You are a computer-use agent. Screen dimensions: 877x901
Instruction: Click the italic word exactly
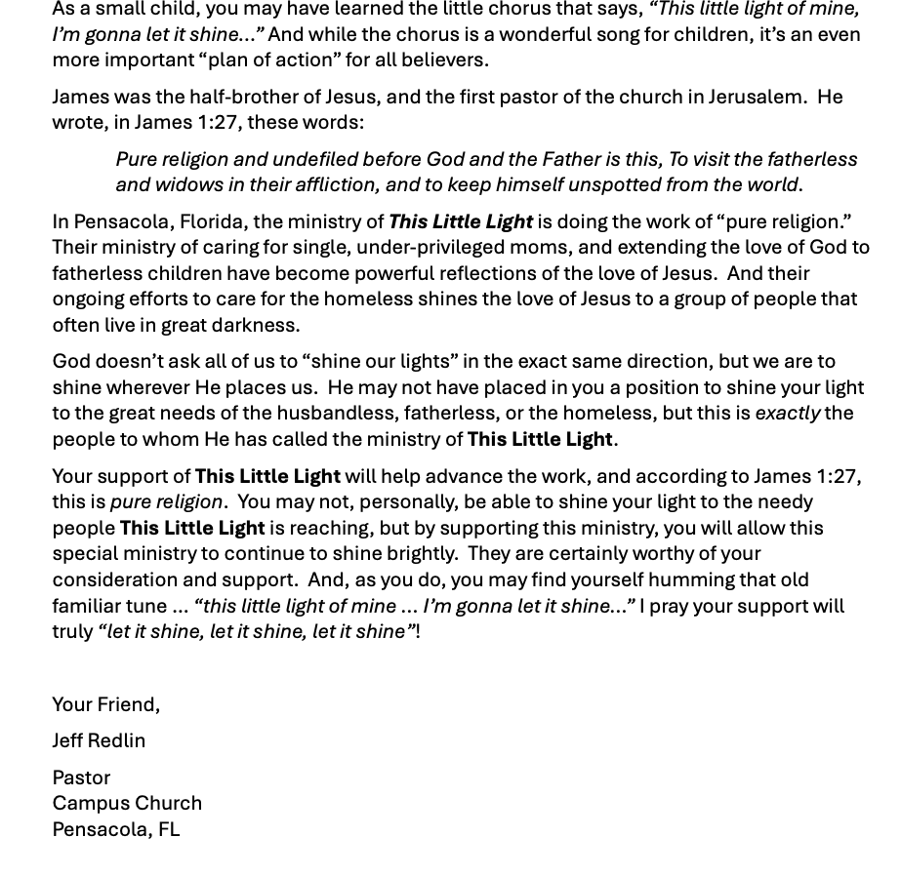(787, 413)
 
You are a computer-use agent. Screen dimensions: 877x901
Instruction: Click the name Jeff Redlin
(99, 740)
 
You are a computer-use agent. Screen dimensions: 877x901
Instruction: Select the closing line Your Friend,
(105, 704)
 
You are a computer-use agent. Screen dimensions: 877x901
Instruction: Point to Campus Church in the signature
(127, 803)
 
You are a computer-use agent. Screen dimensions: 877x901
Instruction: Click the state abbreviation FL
(168, 829)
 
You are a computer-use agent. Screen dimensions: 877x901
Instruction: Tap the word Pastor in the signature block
(81, 777)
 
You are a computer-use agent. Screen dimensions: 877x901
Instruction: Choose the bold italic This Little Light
(460, 221)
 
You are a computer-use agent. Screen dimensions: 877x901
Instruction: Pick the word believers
(441, 60)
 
